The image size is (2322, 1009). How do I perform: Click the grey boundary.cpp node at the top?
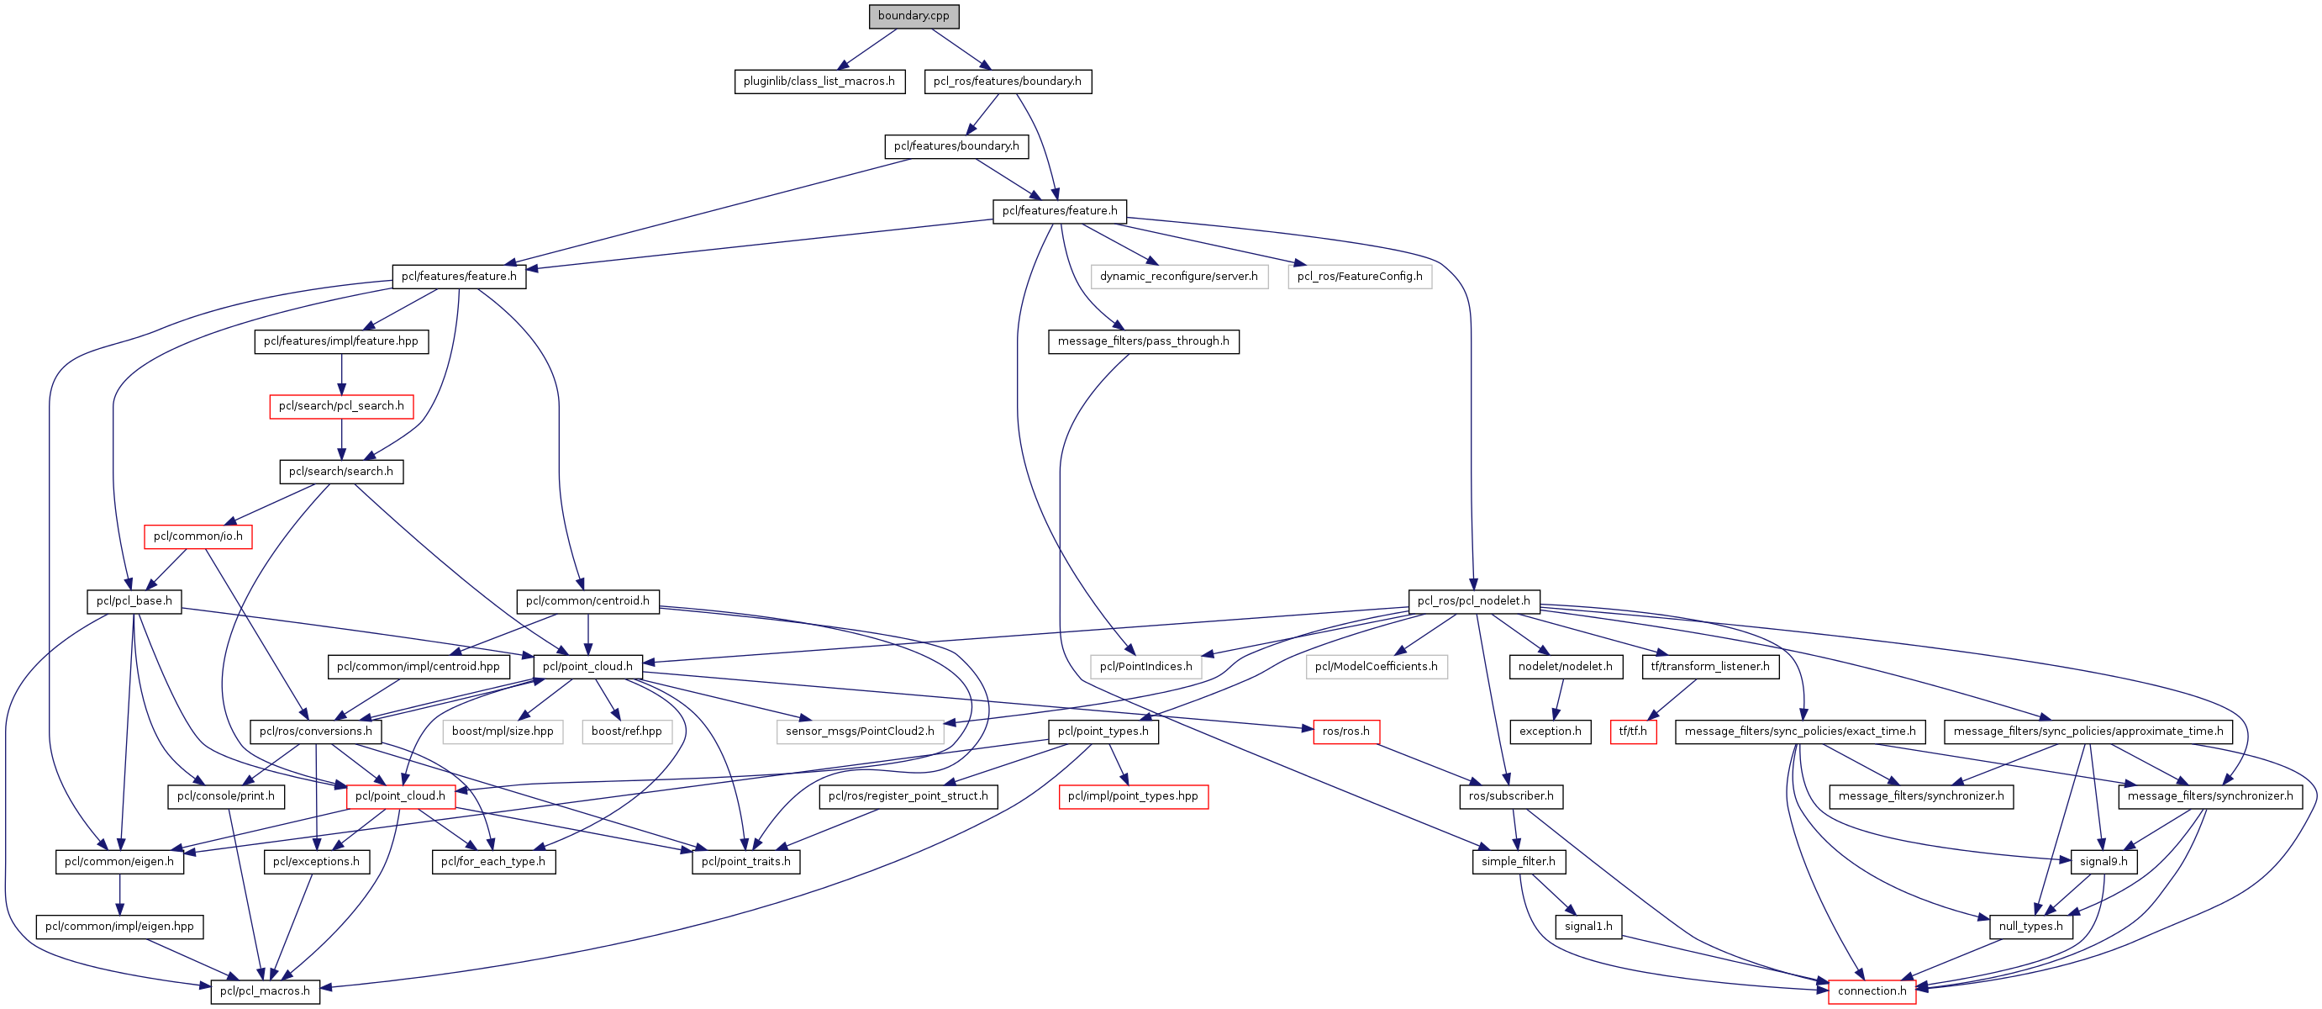pos(914,16)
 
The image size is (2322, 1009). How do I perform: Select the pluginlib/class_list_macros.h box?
pos(819,82)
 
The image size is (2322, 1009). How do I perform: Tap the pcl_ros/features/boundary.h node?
pos(1007,82)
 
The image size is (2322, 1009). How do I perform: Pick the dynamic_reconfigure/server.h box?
pos(1178,277)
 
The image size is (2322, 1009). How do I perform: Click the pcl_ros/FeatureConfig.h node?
pos(1359,277)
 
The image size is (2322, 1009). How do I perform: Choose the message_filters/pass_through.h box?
pos(1143,341)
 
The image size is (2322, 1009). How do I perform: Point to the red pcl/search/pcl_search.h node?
pos(340,407)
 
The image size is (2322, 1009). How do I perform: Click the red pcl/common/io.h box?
pos(197,536)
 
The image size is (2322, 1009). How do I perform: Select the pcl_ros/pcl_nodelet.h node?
pos(1473,601)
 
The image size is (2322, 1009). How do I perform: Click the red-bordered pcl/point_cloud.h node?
pos(399,796)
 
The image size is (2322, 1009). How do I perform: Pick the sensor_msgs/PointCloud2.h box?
pos(859,732)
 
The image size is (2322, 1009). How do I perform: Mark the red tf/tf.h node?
pos(1631,732)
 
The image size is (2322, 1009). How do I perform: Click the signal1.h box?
pos(1587,926)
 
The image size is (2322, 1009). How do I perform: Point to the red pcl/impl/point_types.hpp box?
pos(1132,796)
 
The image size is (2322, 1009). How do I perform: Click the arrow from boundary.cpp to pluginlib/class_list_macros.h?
pos(868,49)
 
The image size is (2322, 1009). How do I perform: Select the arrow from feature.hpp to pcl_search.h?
pos(340,374)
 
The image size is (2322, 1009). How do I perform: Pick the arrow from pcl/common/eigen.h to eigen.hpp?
pos(119,894)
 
